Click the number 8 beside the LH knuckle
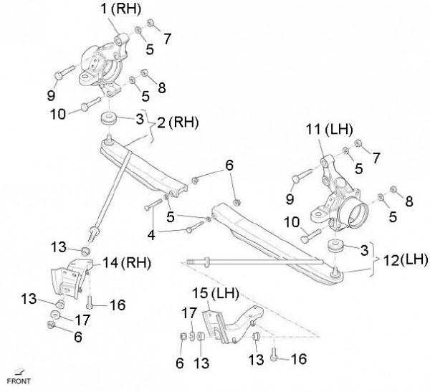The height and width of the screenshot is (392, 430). pos(408,203)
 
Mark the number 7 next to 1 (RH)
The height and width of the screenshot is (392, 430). pos(167,37)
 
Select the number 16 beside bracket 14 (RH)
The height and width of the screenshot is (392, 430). pos(117,305)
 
